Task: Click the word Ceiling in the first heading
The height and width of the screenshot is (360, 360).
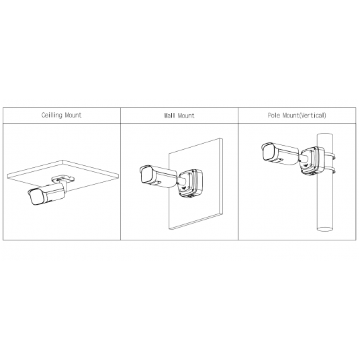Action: (51, 116)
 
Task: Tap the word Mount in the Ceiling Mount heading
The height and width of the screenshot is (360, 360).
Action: (73, 116)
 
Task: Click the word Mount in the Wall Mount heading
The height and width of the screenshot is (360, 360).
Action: (186, 116)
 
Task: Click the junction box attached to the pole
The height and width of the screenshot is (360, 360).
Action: (310, 161)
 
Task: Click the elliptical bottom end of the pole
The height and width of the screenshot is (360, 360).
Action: (326, 229)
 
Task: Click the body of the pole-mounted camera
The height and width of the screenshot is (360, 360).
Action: (282, 154)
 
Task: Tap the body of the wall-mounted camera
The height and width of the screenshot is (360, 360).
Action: (160, 176)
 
